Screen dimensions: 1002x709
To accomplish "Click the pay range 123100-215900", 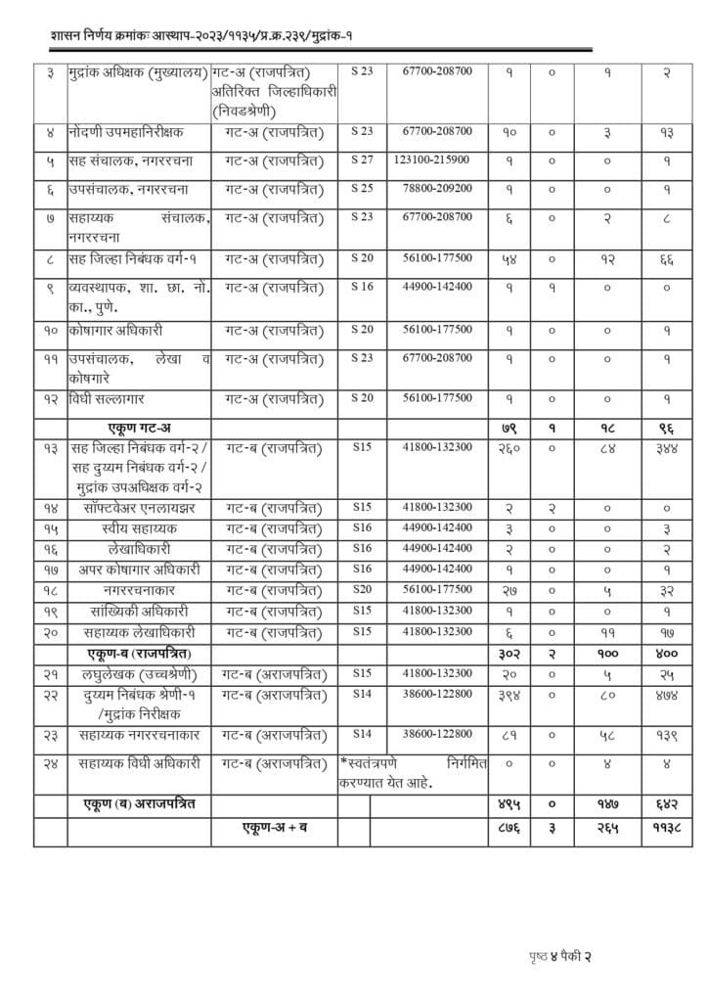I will pos(431,159).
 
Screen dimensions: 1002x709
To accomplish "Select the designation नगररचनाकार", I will pos(139,590).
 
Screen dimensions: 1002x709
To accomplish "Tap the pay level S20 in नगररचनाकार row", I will pos(363,590).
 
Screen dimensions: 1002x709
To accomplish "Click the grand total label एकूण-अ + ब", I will pos(276,828).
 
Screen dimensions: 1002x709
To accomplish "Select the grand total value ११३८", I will pos(665,828).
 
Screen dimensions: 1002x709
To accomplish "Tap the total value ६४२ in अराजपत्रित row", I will pos(665,803).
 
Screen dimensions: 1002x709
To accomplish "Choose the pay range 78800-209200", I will pos(431,188).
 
